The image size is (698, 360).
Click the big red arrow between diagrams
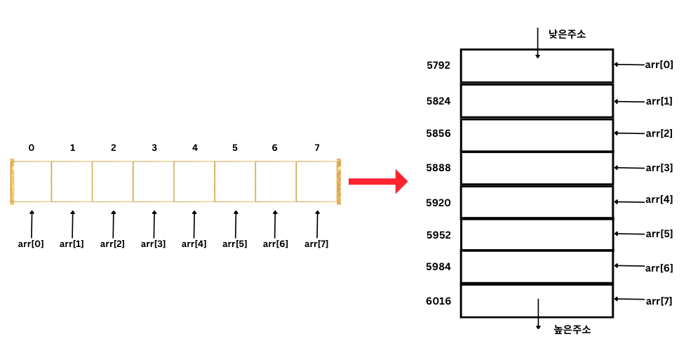(377, 181)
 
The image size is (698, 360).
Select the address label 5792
(438, 65)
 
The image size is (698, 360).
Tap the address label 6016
(438, 301)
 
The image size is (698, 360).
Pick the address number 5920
(438, 203)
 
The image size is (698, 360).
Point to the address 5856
(438, 133)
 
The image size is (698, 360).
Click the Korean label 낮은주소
(567, 33)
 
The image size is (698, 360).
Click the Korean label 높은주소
(572, 329)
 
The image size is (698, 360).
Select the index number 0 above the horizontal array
(32, 147)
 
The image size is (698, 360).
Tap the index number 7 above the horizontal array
(317, 147)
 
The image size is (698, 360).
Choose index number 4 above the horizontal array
(195, 147)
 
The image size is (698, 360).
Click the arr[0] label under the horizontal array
(31, 244)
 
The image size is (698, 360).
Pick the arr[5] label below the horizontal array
(235, 244)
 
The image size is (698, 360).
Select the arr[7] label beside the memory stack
(659, 301)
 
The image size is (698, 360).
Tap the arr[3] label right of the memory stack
(659, 168)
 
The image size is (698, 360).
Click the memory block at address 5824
(537, 100)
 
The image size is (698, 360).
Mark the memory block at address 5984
(537, 267)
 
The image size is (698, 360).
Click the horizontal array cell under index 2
(113, 182)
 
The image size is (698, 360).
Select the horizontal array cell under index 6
(276, 182)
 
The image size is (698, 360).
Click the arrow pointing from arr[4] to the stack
(629, 201)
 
